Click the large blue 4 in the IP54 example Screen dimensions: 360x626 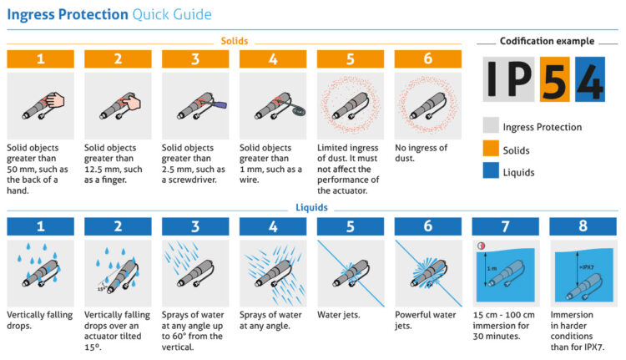coord(589,79)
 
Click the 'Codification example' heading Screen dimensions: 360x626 coord(547,41)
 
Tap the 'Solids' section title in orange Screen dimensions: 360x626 coord(234,40)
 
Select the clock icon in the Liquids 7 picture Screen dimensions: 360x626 coord(480,246)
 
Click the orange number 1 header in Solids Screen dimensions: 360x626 coord(39,59)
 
